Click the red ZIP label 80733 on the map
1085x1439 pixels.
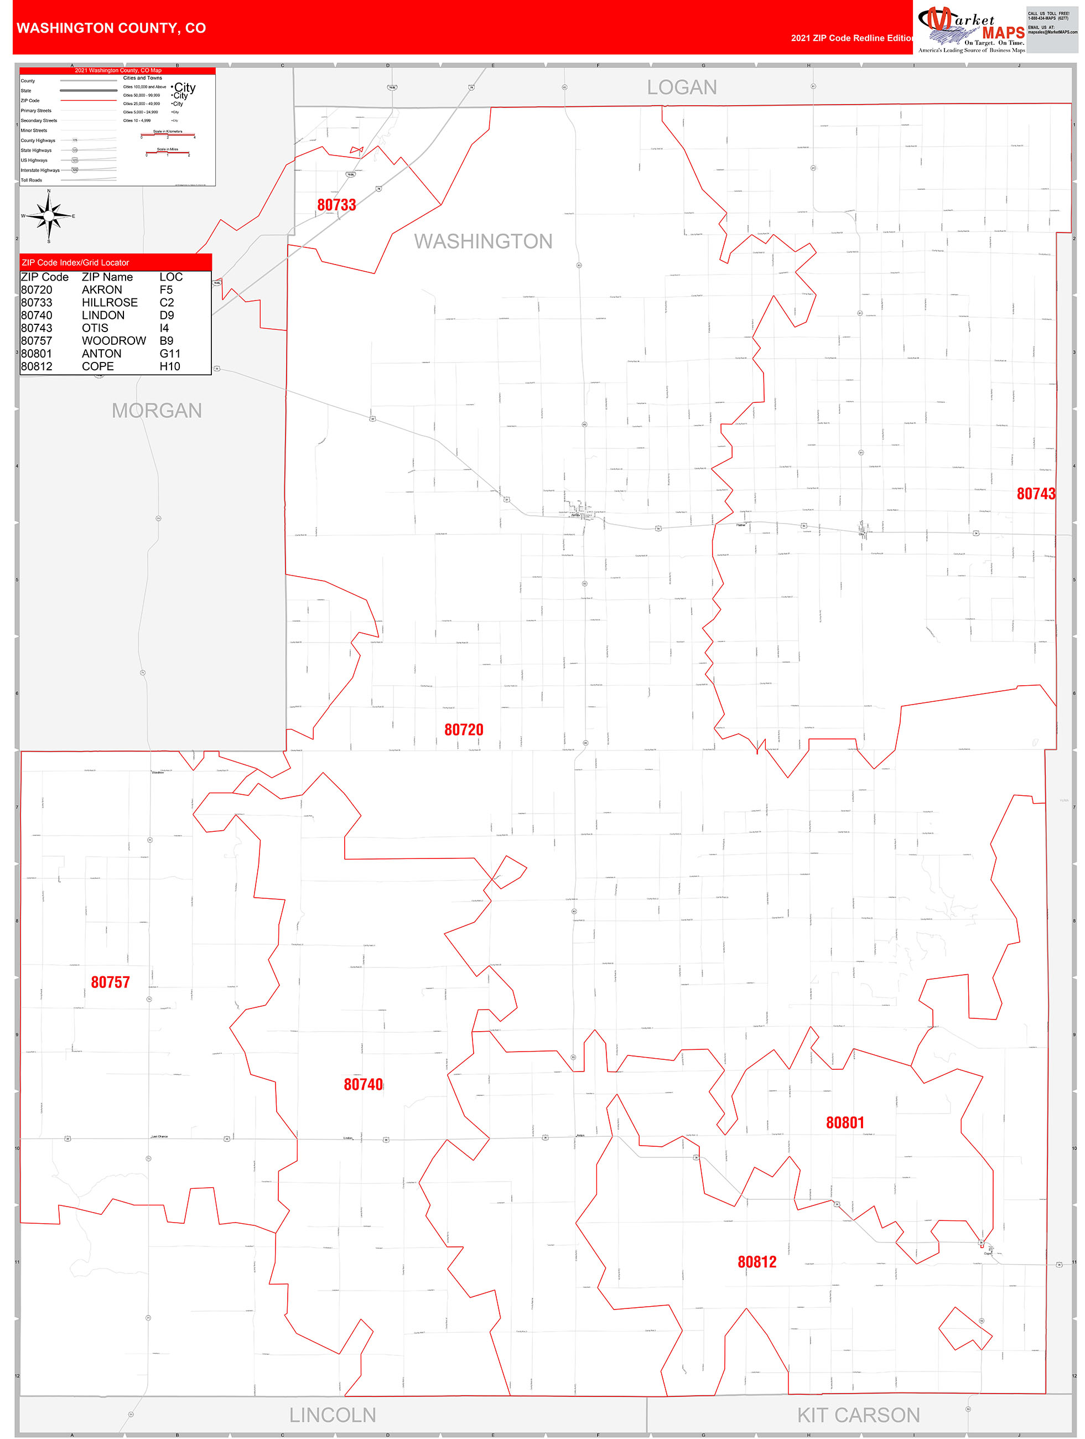click(x=336, y=205)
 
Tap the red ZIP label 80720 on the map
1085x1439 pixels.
click(x=463, y=729)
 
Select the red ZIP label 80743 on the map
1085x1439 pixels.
click(x=1036, y=494)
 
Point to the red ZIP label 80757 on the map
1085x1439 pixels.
click(x=110, y=982)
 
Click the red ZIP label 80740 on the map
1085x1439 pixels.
click(x=363, y=1084)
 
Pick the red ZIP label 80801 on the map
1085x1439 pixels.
click(x=844, y=1123)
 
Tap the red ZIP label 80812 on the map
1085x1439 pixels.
click(x=756, y=1262)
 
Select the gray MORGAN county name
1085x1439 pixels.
click(x=157, y=411)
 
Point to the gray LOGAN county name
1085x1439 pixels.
click(x=681, y=87)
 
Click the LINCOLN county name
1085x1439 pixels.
click(x=333, y=1415)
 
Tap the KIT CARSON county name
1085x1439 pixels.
click(x=858, y=1415)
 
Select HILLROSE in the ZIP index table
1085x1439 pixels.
click(x=110, y=303)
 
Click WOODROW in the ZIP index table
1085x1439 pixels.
click(x=114, y=341)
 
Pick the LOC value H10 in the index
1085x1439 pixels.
click(x=170, y=366)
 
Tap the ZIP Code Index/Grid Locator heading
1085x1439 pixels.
click(x=75, y=263)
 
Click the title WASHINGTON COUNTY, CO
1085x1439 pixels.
click(x=111, y=28)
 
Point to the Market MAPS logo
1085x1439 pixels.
click(x=970, y=29)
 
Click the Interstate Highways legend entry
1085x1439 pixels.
click(x=40, y=170)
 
